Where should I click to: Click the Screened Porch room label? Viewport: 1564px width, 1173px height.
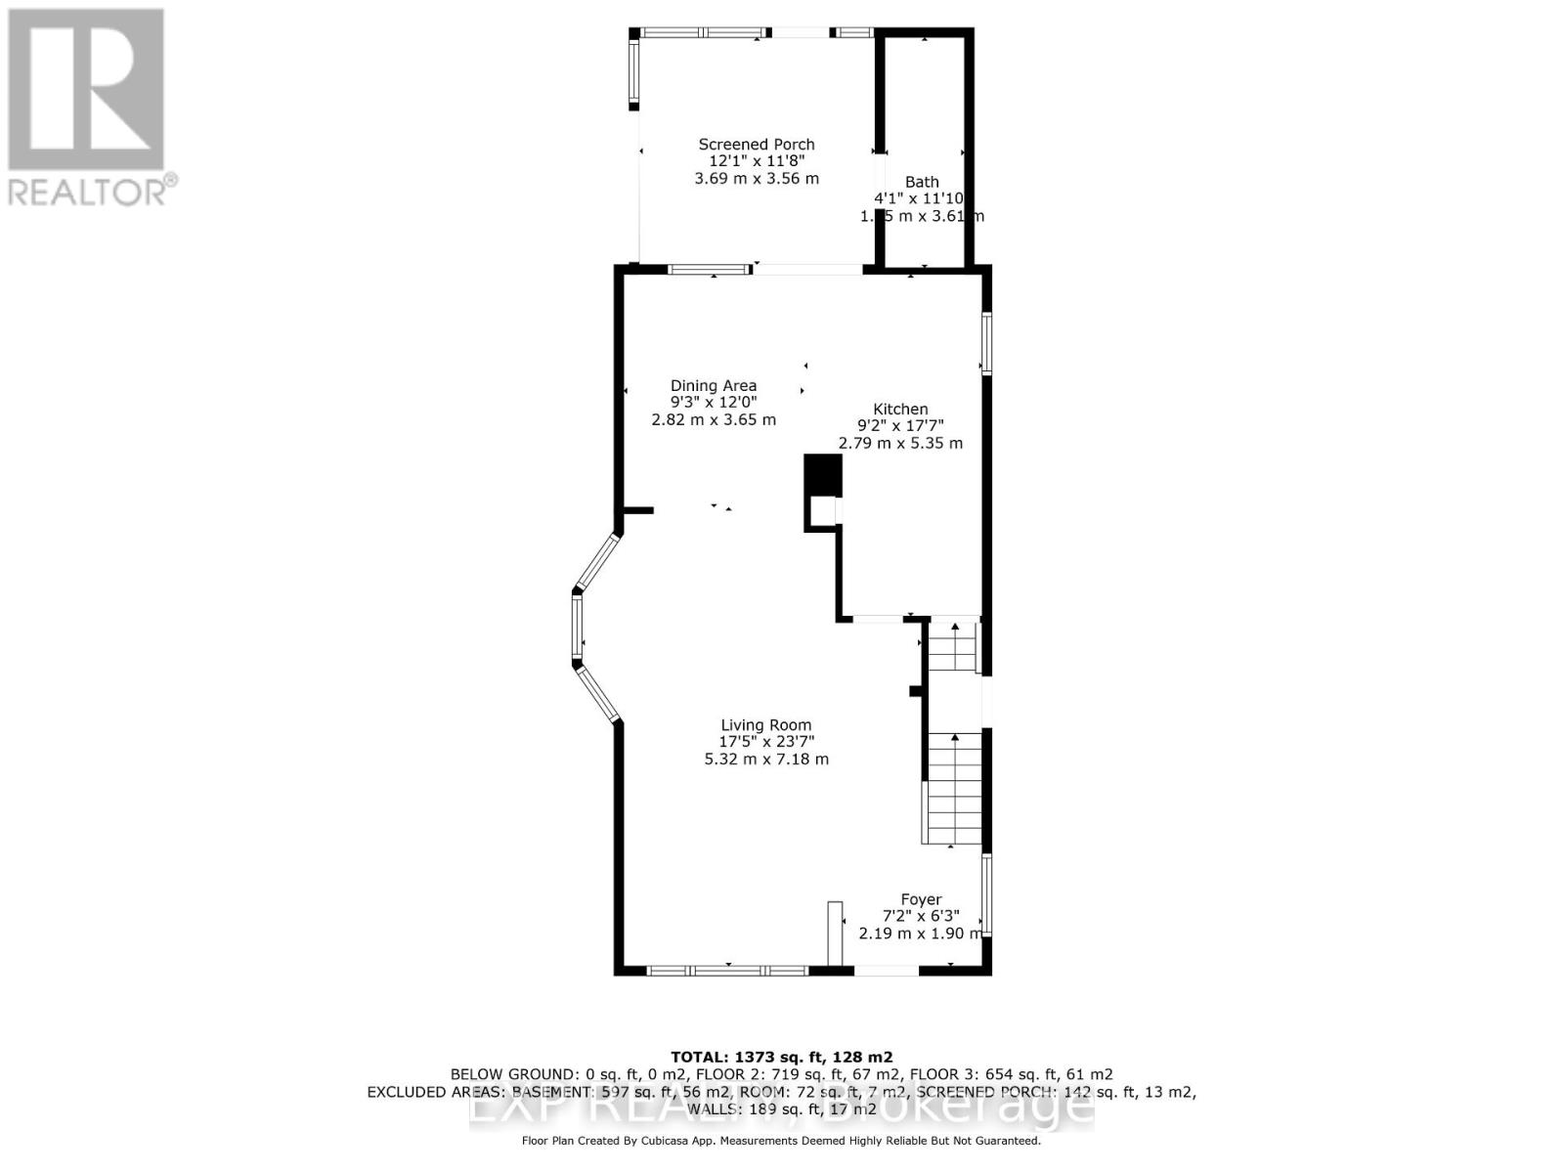pos(756,145)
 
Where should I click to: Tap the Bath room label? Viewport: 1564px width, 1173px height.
pos(922,182)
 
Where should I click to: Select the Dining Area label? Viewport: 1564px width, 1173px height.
pos(713,386)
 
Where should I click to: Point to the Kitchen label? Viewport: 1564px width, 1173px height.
pos(900,410)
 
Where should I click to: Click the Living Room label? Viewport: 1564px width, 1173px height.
pos(766,725)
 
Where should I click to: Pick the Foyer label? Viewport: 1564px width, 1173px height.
pos(921,899)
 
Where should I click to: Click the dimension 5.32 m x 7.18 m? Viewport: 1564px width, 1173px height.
pos(766,760)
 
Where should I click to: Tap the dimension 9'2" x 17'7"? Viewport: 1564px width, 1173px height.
pos(900,426)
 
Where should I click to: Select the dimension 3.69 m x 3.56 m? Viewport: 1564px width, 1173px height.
pos(756,179)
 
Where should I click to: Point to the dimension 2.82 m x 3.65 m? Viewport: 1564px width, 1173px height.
pos(713,420)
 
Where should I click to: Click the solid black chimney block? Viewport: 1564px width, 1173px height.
pos(822,476)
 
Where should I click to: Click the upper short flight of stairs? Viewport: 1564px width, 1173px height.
pos(952,647)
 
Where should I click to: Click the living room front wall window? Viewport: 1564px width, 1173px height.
pos(728,971)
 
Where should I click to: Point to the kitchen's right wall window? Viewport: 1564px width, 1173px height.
pos(986,342)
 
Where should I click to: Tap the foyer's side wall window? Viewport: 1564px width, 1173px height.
pos(986,895)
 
